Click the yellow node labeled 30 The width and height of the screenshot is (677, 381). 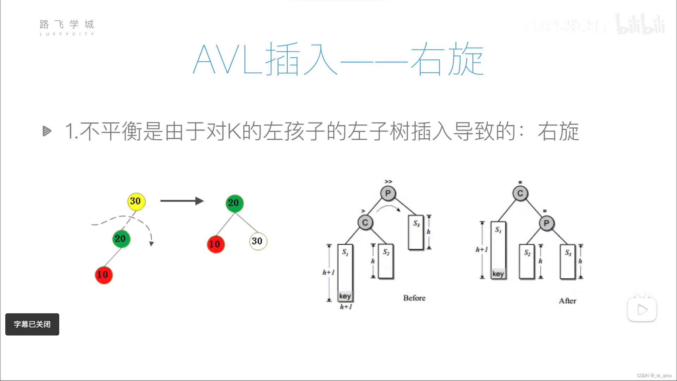(x=136, y=201)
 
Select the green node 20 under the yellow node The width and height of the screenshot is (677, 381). (x=121, y=239)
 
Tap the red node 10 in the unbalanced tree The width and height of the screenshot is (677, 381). (x=104, y=275)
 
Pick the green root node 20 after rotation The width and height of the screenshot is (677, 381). (x=234, y=203)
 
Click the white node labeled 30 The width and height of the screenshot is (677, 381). (x=258, y=241)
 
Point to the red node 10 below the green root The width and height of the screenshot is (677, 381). (x=215, y=244)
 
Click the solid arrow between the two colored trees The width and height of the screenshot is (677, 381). (x=182, y=201)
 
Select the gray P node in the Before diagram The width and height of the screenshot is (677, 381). (x=388, y=193)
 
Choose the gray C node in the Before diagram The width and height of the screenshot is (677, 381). (x=365, y=223)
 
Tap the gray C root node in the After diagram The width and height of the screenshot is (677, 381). (x=520, y=193)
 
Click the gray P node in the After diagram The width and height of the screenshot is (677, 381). (x=547, y=223)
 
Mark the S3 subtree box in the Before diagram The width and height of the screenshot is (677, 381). (x=416, y=232)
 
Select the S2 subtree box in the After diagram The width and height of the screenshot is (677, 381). (x=527, y=261)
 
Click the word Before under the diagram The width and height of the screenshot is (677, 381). (x=414, y=298)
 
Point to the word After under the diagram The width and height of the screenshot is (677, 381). (x=567, y=301)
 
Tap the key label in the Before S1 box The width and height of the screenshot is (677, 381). (x=345, y=296)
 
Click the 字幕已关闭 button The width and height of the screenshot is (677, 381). (x=32, y=324)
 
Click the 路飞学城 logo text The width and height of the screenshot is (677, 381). (x=67, y=25)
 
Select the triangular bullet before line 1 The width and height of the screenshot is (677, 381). (x=47, y=131)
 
